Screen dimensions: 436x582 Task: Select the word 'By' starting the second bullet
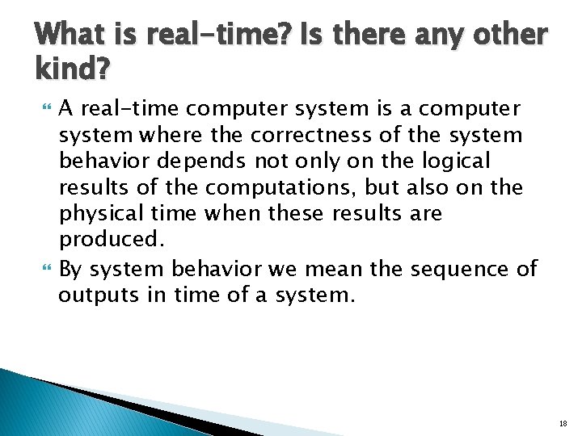tap(70, 267)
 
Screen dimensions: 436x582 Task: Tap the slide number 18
tap(563, 422)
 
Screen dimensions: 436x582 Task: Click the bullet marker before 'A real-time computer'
tap(44, 109)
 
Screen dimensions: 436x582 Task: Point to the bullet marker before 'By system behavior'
tap(44, 268)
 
